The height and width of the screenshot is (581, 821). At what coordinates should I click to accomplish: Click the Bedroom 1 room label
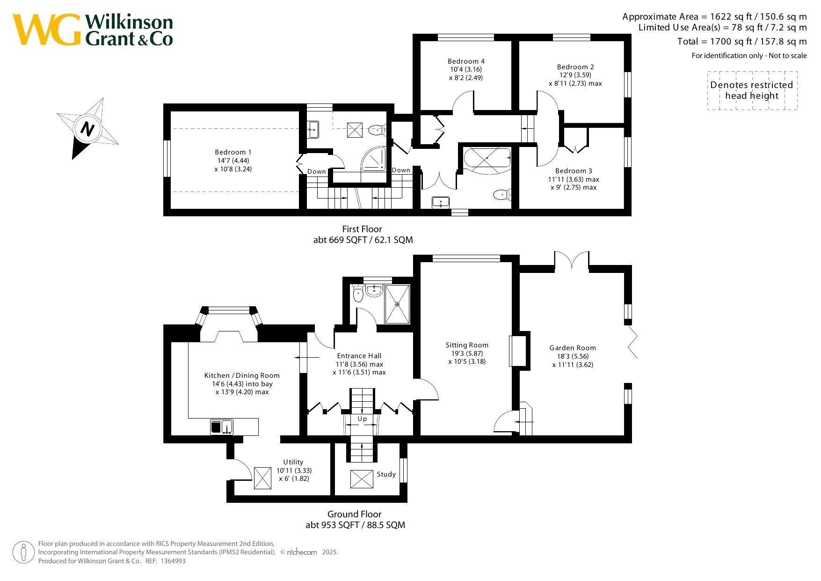(x=233, y=152)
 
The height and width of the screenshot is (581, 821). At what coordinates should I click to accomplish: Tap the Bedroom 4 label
(x=466, y=61)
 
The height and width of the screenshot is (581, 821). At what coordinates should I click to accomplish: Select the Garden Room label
(x=573, y=348)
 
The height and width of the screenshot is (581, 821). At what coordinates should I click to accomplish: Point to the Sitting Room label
(x=467, y=345)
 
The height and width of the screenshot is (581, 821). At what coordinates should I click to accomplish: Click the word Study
(x=386, y=474)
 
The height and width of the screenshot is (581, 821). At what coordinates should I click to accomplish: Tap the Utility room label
(x=293, y=462)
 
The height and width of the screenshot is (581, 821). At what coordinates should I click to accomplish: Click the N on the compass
(x=87, y=128)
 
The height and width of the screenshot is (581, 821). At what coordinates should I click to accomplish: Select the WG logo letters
(x=47, y=29)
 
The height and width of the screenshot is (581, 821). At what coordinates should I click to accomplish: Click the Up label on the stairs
(x=363, y=419)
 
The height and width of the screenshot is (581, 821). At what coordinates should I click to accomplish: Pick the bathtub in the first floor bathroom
(x=487, y=158)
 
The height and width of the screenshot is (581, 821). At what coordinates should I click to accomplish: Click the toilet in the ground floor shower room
(x=358, y=293)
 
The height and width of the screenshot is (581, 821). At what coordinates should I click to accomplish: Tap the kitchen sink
(x=222, y=427)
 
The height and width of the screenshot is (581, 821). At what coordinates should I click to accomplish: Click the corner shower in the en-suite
(x=373, y=159)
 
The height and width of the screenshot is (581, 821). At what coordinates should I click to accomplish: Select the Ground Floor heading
(x=355, y=514)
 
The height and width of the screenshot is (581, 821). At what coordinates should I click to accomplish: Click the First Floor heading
(x=362, y=229)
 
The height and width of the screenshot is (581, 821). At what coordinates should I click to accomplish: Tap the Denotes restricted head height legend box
(x=752, y=90)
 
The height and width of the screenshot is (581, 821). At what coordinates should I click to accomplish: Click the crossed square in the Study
(x=362, y=478)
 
